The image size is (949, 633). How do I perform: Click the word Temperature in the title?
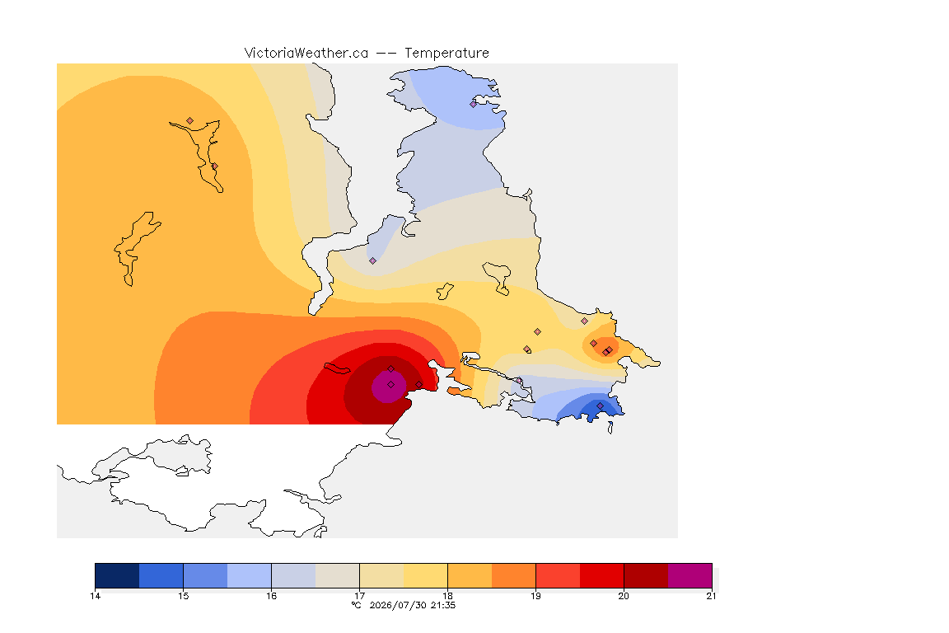coord(446,53)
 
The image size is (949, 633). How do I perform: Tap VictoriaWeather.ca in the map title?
coord(306,53)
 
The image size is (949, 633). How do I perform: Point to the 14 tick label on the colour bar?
coord(95,596)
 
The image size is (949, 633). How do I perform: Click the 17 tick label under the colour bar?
coord(359,596)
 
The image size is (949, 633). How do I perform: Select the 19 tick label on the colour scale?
coord(535,596)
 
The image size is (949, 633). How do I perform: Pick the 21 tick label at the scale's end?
coord(711,596)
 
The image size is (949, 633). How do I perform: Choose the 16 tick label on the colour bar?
coord(271,596)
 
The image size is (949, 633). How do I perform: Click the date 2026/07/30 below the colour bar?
coord(398,605)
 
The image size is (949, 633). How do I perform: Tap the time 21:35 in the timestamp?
coord(443,605)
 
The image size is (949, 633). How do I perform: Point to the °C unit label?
coord(357,605)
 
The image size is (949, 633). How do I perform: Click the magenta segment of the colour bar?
coord(690,575)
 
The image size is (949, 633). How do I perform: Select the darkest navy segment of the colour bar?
coord(118,575)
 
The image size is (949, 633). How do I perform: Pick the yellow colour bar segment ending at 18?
coord(425,575)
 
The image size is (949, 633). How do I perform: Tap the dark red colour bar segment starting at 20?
coord(646,575)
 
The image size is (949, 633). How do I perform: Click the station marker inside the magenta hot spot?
coord(391,385)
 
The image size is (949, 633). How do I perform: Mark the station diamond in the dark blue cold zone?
coord(600,406)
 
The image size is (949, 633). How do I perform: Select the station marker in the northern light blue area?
coord(474,104)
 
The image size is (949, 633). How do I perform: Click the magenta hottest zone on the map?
coord(388,387)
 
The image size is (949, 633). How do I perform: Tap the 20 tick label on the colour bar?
coord(624,596)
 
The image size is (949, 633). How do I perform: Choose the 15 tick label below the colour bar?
coord(184,596)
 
